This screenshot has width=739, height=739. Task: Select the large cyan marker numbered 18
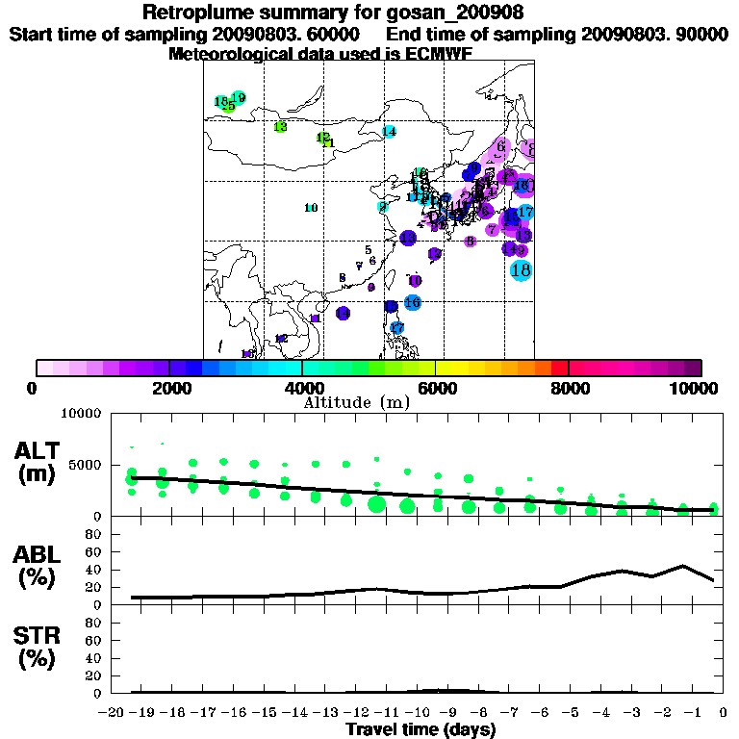[x=521, y=270]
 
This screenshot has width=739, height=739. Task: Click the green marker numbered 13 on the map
[x=280, y=127]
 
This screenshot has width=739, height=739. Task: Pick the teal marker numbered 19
[x=239, y=98]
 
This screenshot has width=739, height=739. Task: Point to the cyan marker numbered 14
[x=389, y=131]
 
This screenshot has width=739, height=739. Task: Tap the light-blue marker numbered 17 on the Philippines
[x=396, y=328]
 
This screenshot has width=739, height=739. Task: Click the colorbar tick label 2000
[x=169, y=388]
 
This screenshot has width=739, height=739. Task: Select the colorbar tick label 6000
[x=436, y=388]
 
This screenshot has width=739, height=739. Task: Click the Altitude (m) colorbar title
[x=356, y=401]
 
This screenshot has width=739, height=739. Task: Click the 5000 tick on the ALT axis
[x=85, y=466]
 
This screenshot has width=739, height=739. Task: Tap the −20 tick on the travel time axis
[x=113, y=711]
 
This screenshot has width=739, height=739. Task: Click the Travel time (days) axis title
[x=420, y=729]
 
